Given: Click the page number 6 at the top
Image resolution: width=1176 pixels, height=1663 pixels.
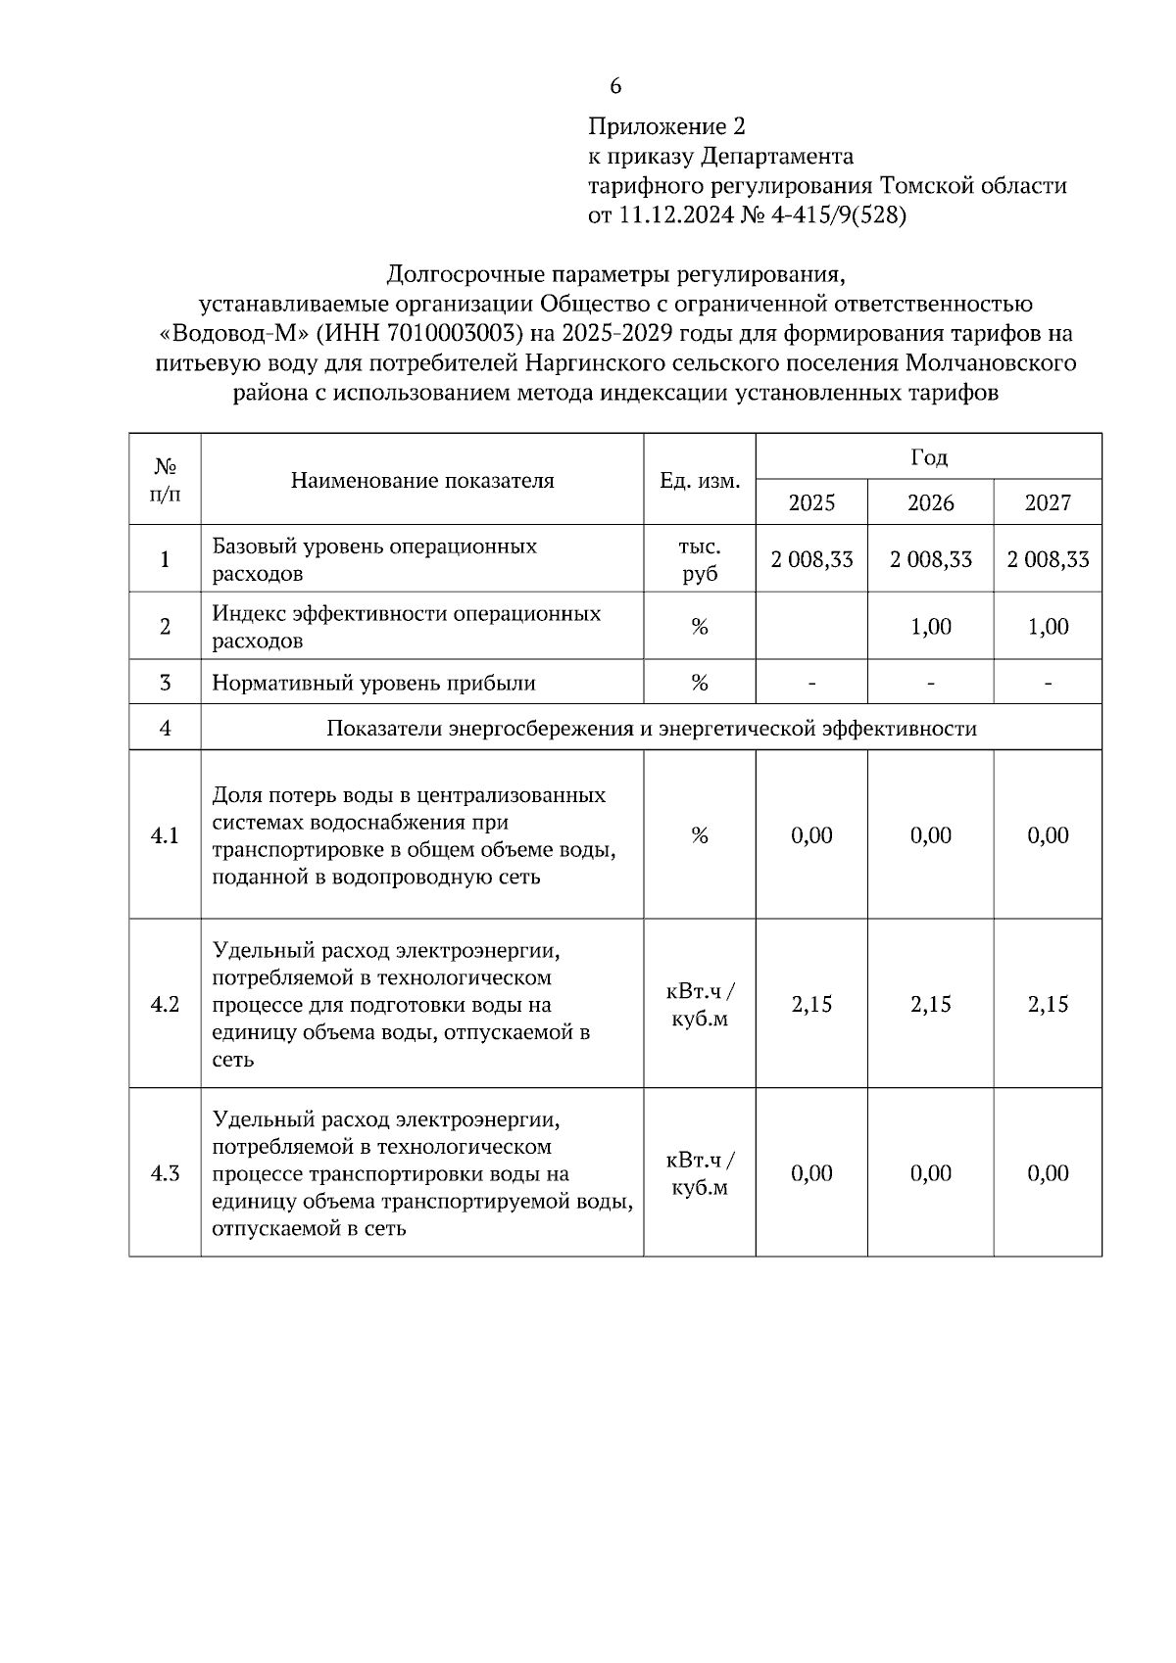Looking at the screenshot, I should [x=615, y=86].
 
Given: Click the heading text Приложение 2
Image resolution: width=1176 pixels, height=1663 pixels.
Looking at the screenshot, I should [x=666, y=127].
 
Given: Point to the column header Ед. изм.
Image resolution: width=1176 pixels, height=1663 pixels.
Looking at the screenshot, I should [x=700, y=481].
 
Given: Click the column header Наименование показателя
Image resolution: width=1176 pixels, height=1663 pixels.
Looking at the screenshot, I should [x=422, y=481].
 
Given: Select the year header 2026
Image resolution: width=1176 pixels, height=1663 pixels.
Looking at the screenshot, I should [x=930, y=503].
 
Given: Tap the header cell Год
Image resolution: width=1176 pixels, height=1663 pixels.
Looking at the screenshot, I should [x=929, y=457].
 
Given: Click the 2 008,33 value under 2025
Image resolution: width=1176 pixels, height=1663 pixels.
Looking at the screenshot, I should [x=811, y=559].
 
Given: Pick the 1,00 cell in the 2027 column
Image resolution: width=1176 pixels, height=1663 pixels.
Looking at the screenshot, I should [x=1048, y=627].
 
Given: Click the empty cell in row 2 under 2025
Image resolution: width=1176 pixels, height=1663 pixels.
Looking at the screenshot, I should [x=811, y=627].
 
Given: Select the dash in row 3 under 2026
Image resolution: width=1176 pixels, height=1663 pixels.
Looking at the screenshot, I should [x=930, y=683].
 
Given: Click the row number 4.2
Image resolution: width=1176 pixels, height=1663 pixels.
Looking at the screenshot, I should [x=165, y=1004].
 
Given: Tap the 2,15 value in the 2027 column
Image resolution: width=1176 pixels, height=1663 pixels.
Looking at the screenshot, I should [x=1048, y=1004].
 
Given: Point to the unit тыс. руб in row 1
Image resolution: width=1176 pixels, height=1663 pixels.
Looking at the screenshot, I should [x=700, y=559].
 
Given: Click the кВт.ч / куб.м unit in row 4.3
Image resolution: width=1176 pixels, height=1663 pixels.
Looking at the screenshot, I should [x=700, y=1173].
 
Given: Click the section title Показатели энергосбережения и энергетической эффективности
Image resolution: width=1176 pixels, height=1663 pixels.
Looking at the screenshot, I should [x=651, y=729].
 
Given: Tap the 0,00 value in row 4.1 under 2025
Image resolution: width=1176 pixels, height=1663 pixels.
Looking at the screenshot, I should [x=811, y=835].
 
